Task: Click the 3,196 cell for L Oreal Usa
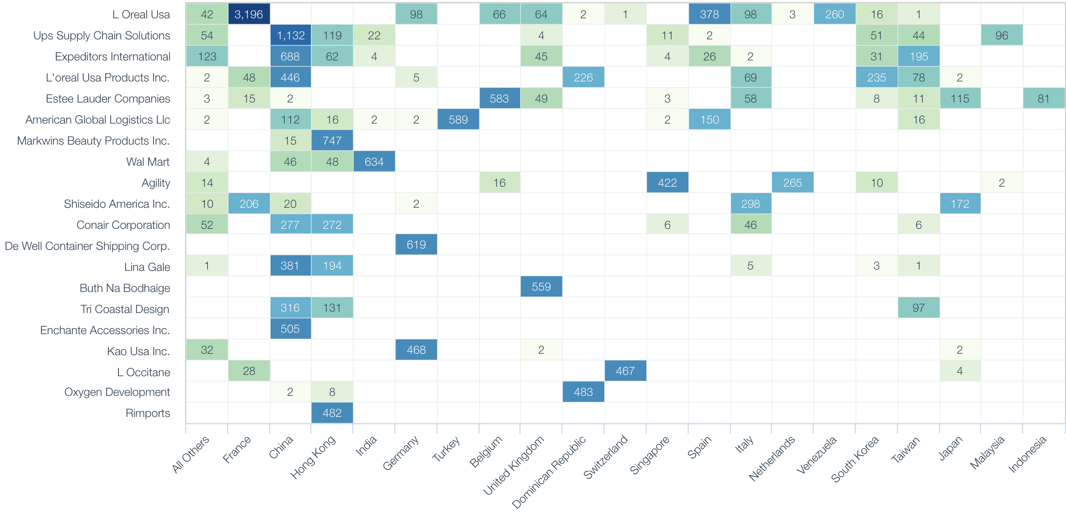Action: pos(249,14)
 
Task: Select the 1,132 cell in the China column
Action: pos(290,35)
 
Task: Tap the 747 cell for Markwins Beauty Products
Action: pos(332,141)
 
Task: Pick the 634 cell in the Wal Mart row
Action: pos(374,162)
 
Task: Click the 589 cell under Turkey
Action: pos(458,119)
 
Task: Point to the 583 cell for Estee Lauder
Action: pos(499,98)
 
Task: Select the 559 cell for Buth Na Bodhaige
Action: pos(541,287)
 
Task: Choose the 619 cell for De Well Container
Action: pos(416,245)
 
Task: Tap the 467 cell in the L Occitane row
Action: pos(625,371)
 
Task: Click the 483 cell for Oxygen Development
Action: pos(583,392)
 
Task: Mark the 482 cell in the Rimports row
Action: pos(332,413)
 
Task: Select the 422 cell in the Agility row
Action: pos(667,183)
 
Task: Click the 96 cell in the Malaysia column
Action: pos(1002,35)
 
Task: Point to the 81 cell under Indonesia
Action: pos(1044,98)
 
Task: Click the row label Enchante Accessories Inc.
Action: pos(105,330)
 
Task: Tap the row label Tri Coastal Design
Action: pos(125,309)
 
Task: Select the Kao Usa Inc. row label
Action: pos(138,351)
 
